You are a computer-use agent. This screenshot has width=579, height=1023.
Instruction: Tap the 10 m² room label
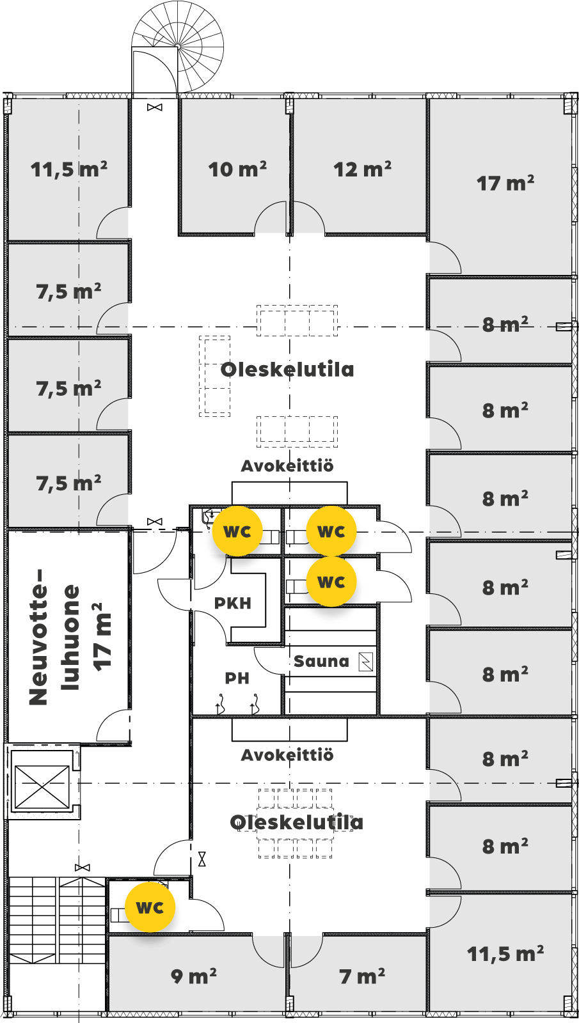click(x=237, y=169)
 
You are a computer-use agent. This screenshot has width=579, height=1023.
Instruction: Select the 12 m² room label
click(x=362, y=169)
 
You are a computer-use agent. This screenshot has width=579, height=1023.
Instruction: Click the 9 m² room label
click(x=194, y=976)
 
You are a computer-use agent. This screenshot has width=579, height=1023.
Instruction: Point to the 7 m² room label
click(x=362, y=976)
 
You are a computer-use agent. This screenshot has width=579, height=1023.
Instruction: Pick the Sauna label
click(x=321, y=661)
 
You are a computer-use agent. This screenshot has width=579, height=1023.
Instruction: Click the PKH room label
click(x=233, y=604)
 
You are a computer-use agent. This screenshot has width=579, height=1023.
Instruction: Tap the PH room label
click(x=237, y=678)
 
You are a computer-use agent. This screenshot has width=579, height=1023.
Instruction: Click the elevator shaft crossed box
click(x=42, y=786)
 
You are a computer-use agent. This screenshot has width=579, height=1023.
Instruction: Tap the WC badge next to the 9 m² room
click(x=150, y=907)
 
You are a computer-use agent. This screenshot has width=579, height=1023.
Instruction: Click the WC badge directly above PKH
click(x=237, y=531)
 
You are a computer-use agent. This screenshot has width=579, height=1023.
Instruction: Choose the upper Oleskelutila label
click(x=287, y=370)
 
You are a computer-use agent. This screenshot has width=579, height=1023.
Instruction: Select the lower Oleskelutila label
click(x=297, y=822)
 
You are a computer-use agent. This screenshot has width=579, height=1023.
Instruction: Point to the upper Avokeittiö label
click(x=287, y=466)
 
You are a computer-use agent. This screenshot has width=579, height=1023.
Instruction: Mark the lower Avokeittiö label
click(x=287, y=755)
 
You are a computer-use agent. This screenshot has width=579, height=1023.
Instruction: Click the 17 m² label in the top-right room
click(x=505, y=183)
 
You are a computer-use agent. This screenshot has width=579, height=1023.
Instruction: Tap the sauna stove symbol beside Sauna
click(x=365, y=661)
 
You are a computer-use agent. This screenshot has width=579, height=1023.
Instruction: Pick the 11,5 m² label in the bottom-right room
click(x=505, y=954)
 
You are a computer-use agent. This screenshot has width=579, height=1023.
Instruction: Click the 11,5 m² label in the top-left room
click(x=69, y=169)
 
